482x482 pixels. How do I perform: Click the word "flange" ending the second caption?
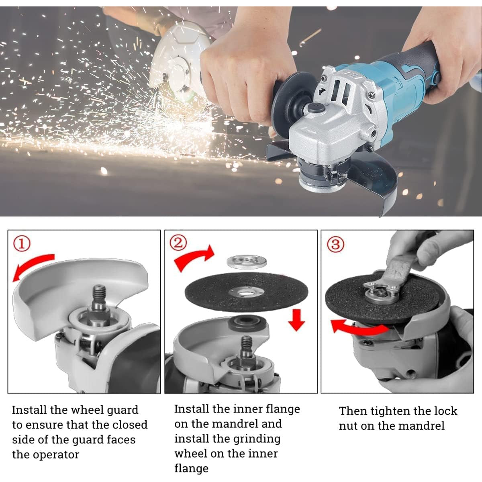pyautogui.click(x=191, y=468)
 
